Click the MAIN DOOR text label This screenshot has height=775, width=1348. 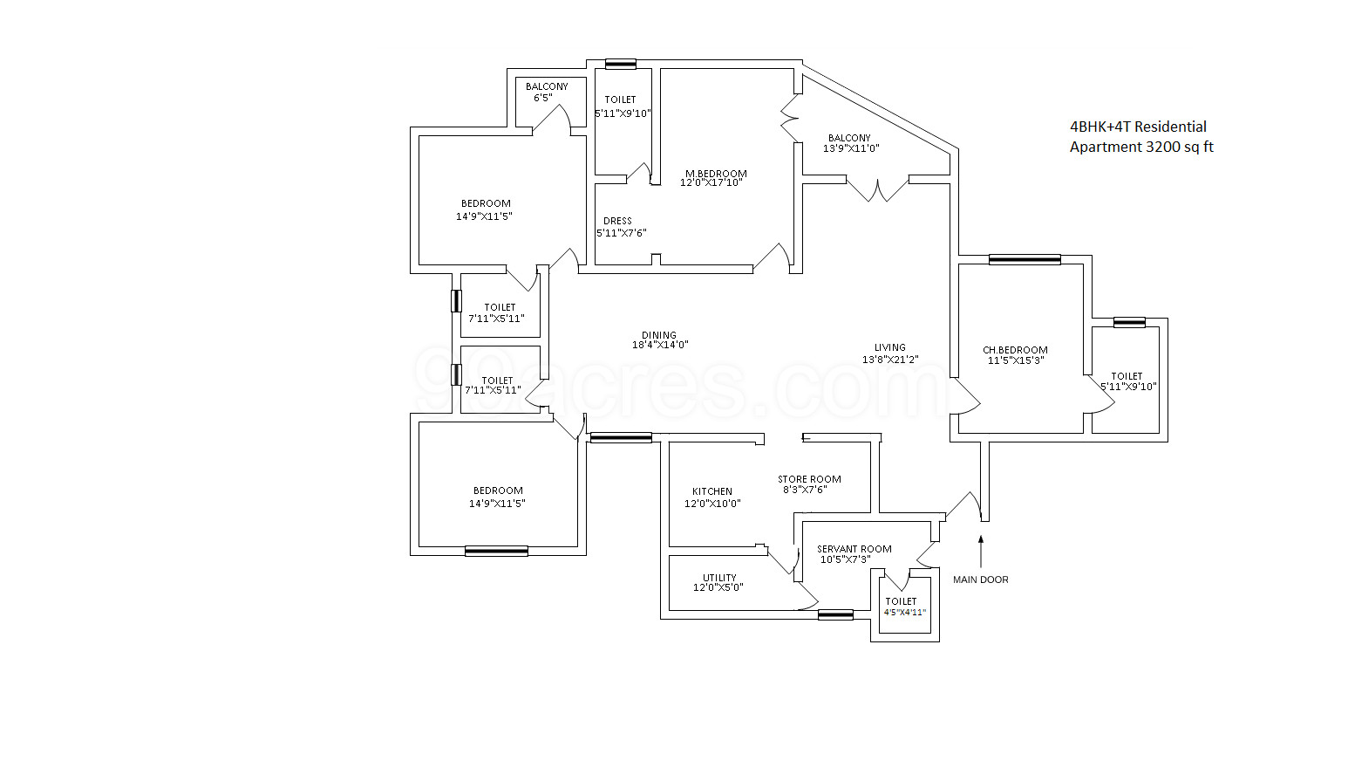(980, 580)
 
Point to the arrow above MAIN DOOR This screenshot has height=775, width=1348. (981, 551)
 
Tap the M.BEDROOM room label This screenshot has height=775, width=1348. (716, 174)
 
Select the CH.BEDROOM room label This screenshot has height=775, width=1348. (1015, 350)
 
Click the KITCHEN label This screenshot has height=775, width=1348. (712, 491)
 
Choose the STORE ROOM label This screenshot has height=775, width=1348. (809, 479)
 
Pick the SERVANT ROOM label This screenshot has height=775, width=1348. (854, 549)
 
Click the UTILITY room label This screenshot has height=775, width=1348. (719, 578)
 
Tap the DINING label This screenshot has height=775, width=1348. (659, 335)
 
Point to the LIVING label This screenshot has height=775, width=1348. (890, 347)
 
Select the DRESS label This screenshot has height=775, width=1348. (617, 221)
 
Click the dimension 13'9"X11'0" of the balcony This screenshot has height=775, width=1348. (851, 148)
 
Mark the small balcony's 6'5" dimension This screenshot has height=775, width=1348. (542, 98)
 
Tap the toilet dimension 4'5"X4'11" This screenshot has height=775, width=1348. (904, 613)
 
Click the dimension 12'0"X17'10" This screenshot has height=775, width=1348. (711, 183)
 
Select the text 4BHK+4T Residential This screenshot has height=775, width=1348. (1138, 127)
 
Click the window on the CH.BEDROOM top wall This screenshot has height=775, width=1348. (1025, 259)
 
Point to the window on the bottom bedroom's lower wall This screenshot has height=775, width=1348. (496, 551)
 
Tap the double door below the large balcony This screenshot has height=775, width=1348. (877, 188)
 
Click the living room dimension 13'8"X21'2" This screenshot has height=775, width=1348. (890, 360)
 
